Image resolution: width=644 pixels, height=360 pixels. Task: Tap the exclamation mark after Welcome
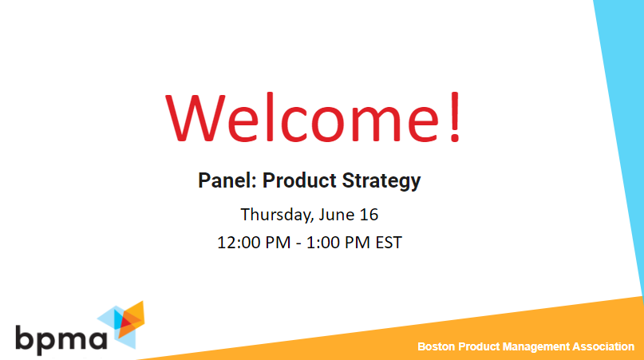(x=453, y=118)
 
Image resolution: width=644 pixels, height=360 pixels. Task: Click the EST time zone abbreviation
(x=387, y=242)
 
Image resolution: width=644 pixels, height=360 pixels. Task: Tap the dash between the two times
(x=290, y=243)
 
